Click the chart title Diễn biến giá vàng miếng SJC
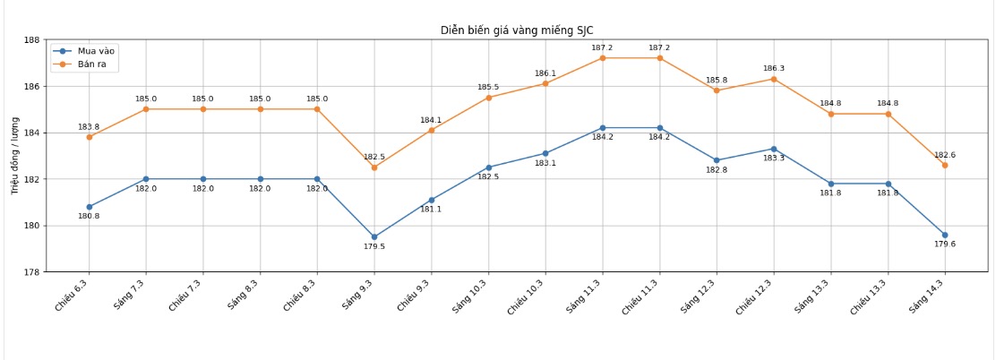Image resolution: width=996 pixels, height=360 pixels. point(517,30)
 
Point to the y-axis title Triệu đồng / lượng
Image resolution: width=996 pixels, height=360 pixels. point(15,155)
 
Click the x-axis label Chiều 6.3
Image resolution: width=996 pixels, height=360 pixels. point(72,295)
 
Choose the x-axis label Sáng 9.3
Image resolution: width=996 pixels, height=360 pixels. point(357,295)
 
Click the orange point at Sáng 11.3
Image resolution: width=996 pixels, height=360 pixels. point(602,58)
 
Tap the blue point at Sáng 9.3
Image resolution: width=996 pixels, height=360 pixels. point(374,237)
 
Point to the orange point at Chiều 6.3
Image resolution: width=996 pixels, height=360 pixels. point(89,137)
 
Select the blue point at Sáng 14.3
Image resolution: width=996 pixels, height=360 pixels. point(945,236)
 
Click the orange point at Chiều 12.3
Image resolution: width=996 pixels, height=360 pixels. point(774,79)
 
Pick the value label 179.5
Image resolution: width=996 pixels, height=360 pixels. point(374,247)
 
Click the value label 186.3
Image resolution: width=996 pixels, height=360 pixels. point(774,69)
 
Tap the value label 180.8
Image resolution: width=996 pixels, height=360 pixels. point(89,217)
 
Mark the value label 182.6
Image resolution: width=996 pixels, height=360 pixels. point(945,155)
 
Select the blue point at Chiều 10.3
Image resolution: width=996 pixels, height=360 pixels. point(545,153)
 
